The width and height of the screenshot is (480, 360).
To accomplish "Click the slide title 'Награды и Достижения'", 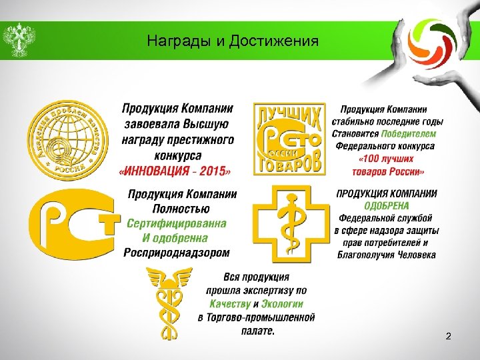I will pos(233,42).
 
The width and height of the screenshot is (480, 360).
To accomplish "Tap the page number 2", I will pos(448,337).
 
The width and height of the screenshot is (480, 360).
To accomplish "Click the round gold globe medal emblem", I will pos(66,140).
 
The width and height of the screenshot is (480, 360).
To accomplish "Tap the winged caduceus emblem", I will pos(169,303).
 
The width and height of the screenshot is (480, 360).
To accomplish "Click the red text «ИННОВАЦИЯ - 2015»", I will pos(175,171).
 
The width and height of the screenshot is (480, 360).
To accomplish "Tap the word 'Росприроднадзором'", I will pos(177,253).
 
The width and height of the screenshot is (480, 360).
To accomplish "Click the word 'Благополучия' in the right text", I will pos(365,255).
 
